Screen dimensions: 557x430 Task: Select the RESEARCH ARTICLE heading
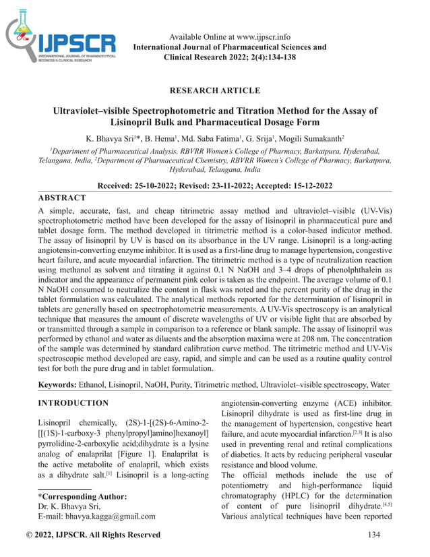coord(215,90)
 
